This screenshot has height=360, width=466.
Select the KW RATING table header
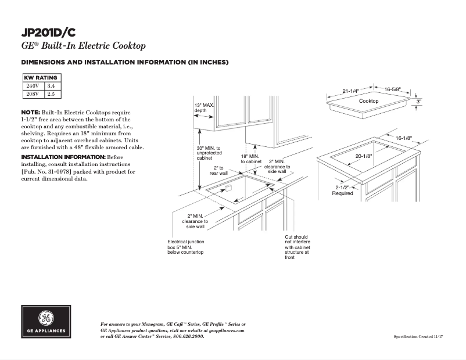[41, 78]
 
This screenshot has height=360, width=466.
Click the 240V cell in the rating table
[33, 86]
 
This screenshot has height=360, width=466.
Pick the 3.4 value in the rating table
[51, 86]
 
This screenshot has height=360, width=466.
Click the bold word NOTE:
[31, 111]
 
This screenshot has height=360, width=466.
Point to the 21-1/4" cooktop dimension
[350, 91]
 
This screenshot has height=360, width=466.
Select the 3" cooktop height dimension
[418, 101]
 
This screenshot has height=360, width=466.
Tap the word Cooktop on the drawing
[368, 101]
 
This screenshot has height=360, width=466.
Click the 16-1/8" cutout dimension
[403, 138]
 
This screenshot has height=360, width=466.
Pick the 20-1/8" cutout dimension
[364, 156]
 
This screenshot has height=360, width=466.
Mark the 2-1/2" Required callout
[342, 190]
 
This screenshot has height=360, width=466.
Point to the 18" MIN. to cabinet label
[251, 159]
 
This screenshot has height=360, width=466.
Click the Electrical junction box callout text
[185, 247]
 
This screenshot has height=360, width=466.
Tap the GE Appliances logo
[46, 321]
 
